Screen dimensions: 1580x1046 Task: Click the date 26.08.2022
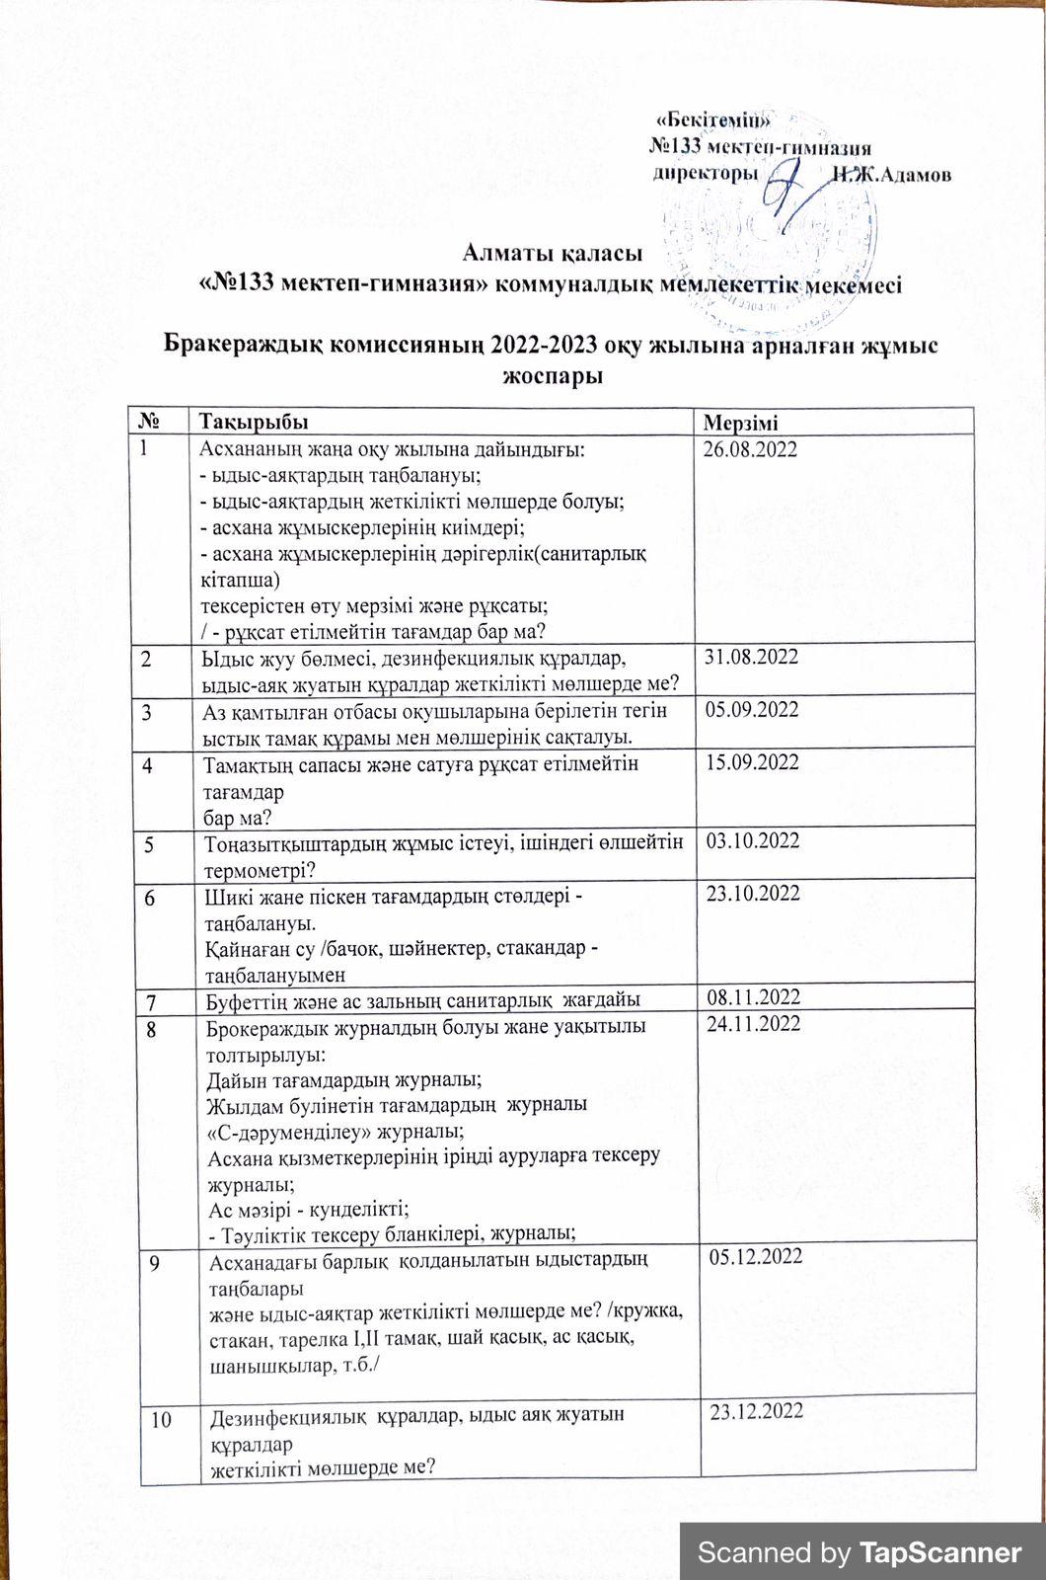pyautogui.click(x=750, y=449)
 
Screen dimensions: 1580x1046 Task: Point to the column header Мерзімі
pyautogui.click(x=740, y=424)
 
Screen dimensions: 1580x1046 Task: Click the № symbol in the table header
pyautogui.click(x=151, y=422)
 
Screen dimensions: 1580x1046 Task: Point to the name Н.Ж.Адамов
pyautogui.click(x=892, y=175)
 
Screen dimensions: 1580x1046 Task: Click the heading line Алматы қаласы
pyautogui.click(x=546, y=254)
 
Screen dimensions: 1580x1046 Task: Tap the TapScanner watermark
pyautogui.click(x=859, y=1552)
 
